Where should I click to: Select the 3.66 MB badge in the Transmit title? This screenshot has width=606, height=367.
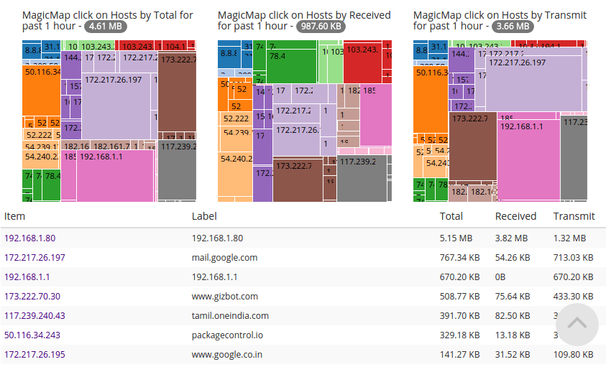(x=513, y=27)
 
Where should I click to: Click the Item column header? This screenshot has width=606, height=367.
(x=15, y=216)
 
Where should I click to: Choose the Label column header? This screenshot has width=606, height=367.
(x=204, y=216)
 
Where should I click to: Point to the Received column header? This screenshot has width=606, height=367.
(x=515, y=216)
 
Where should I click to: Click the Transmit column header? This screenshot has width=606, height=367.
(x=574, y=216)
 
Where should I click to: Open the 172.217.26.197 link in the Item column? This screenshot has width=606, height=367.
(x=35, y=258)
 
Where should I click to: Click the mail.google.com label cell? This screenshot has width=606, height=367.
(x=224, y=258)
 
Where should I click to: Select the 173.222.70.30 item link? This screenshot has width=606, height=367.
(x=32, y=297)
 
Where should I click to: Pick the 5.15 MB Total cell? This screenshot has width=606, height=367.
(x=456, y=238)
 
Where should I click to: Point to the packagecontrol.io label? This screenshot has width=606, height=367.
(x=226, y=335)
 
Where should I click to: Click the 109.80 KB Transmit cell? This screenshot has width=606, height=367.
(x=573, y=355)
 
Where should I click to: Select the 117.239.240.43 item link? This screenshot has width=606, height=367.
(x=35, y=316)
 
